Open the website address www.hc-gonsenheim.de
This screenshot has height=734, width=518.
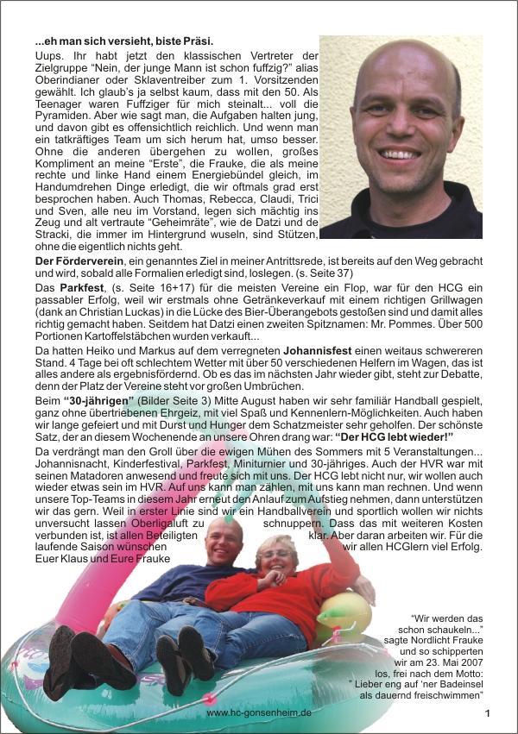(x=259, y=713)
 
